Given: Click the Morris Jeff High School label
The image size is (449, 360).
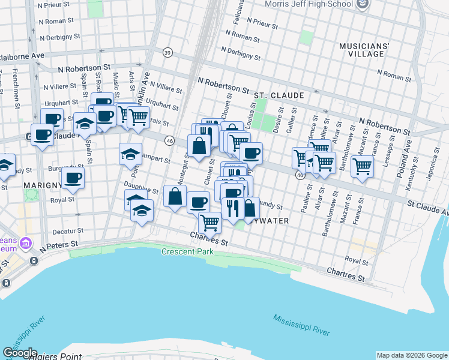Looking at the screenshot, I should coord(309,4).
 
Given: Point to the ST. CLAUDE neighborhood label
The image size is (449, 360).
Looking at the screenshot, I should coord(279,95).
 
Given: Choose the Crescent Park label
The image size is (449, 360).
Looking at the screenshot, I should coord(187,251).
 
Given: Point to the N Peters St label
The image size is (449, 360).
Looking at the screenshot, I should coord(59,245).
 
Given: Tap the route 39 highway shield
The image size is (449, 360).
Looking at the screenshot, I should coord(168,52).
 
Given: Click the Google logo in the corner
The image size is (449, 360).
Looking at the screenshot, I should coord(20,353).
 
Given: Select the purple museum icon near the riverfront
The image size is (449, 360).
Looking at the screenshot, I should coord(25,244).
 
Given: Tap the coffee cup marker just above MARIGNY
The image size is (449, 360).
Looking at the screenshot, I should coord(73,178).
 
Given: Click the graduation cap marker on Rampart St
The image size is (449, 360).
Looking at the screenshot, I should coord(130,154).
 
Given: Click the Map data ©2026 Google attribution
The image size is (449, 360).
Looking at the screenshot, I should coord(411,355).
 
